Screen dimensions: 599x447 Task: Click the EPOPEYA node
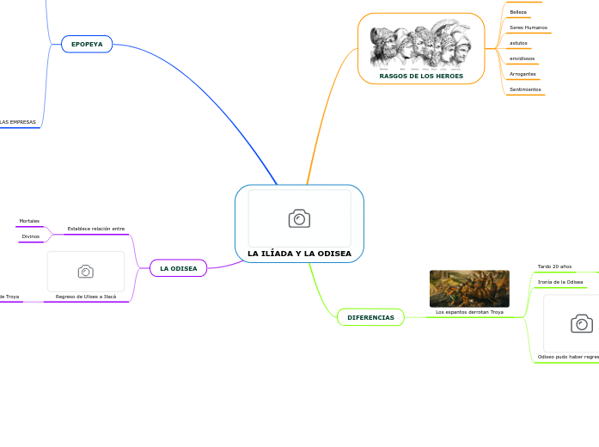87,44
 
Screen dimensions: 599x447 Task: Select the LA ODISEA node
178,268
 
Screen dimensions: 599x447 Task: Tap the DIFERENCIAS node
370,318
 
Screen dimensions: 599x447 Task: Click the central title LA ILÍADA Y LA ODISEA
299,254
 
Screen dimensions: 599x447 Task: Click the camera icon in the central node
299,218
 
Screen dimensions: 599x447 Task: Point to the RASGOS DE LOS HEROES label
421,77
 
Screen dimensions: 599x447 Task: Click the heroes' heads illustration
421,48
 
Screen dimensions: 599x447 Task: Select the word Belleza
518,12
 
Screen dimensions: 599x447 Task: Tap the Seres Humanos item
528,28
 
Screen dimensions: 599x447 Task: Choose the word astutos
518,42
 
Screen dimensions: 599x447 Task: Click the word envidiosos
522,58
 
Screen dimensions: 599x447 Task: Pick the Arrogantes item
523,74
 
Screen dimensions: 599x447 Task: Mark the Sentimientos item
525,89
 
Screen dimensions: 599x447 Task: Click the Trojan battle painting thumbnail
469,288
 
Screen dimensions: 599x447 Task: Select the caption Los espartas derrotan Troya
469,312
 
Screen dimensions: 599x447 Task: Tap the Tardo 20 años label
554,266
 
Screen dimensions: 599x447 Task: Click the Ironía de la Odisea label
560,282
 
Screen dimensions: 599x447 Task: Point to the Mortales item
29,221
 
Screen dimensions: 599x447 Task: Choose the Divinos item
31,236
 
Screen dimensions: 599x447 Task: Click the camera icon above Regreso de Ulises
86,272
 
